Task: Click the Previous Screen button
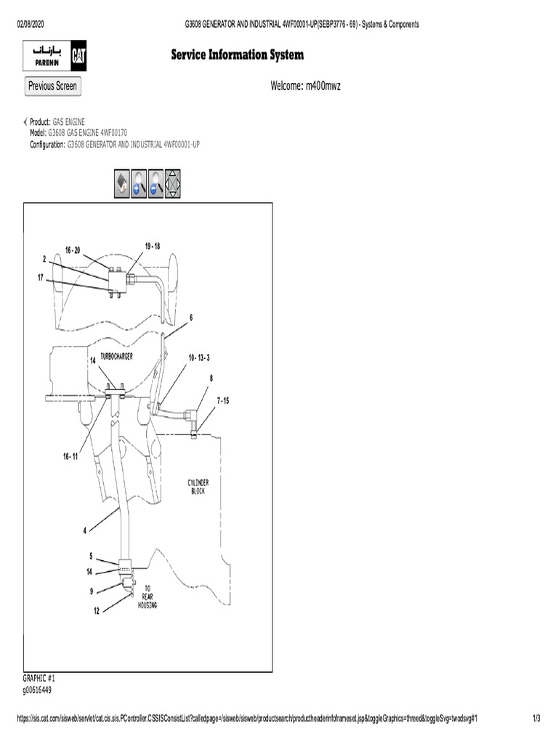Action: (52, 86)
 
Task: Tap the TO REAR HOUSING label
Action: (147, 596)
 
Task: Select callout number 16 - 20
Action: (72, 250)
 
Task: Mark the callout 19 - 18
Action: (152, 246)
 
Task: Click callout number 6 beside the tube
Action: (191, 318)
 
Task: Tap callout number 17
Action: (41, 277)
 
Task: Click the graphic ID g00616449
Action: (38, 690)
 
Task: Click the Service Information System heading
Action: (237, 55)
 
